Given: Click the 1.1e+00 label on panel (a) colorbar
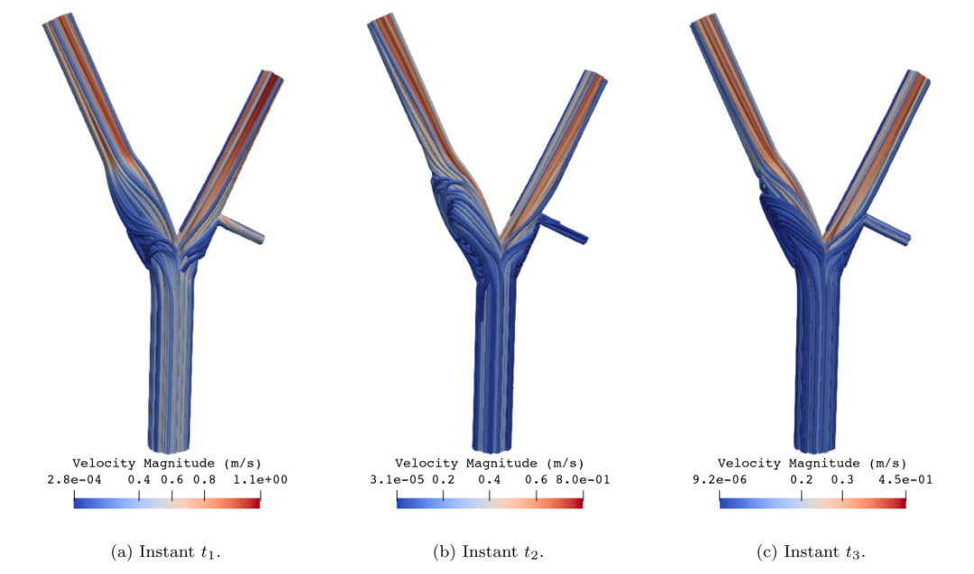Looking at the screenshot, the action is (x=261, y=479).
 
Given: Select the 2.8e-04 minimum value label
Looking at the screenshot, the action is (x=74, y=479).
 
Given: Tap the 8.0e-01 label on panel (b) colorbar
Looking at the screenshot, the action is (x=583, y=479).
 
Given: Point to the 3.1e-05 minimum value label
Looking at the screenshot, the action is (x=397, y=479).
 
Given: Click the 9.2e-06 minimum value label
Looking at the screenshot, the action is (x=720, y=479).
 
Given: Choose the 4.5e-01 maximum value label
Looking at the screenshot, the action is (x=905, y=479).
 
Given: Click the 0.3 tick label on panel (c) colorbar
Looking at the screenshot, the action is (x=842, y=479).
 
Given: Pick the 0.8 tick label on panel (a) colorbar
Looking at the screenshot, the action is (x=205, y=479).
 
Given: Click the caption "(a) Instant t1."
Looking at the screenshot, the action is (x=166, y=551).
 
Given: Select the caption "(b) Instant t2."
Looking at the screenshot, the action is (x=488, y=551).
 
